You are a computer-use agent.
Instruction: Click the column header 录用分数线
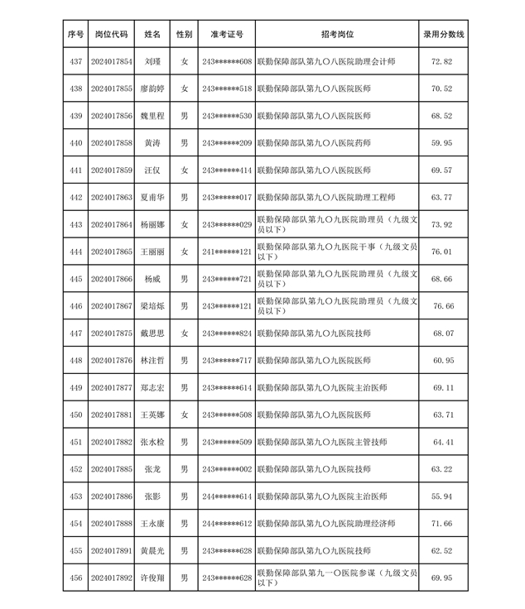click(x=443, y=35)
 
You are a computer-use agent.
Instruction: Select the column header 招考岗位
click(x=337, y=35)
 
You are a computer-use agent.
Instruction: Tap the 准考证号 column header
click(x=227, y=35)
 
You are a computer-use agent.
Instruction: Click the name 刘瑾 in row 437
click(x=152, y=62)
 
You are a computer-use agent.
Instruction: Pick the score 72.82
click(x=443, y=62)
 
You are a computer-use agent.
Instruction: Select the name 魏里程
click(x=152, y=117)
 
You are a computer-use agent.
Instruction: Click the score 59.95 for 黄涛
click(x=443, y=143)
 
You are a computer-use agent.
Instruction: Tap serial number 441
click(x=76, y=170)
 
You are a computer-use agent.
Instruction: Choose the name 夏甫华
click(x=152, y=198)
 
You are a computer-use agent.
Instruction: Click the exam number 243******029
click(x=227, y=225)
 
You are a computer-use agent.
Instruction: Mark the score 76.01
click(x=443, y=252)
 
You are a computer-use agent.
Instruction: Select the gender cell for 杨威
click(x=185, y=279)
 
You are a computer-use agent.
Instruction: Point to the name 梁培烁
click(x=152, y=306)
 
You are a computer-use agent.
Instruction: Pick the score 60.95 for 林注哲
click(x=443, y=361)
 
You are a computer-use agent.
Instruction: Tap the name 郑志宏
click(x=152, y=387)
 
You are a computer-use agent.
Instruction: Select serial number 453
click(x=76, y=496)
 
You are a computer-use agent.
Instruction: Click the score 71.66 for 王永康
click(x=443, y=523)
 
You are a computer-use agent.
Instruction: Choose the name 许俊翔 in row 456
click(x=152, y=578)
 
